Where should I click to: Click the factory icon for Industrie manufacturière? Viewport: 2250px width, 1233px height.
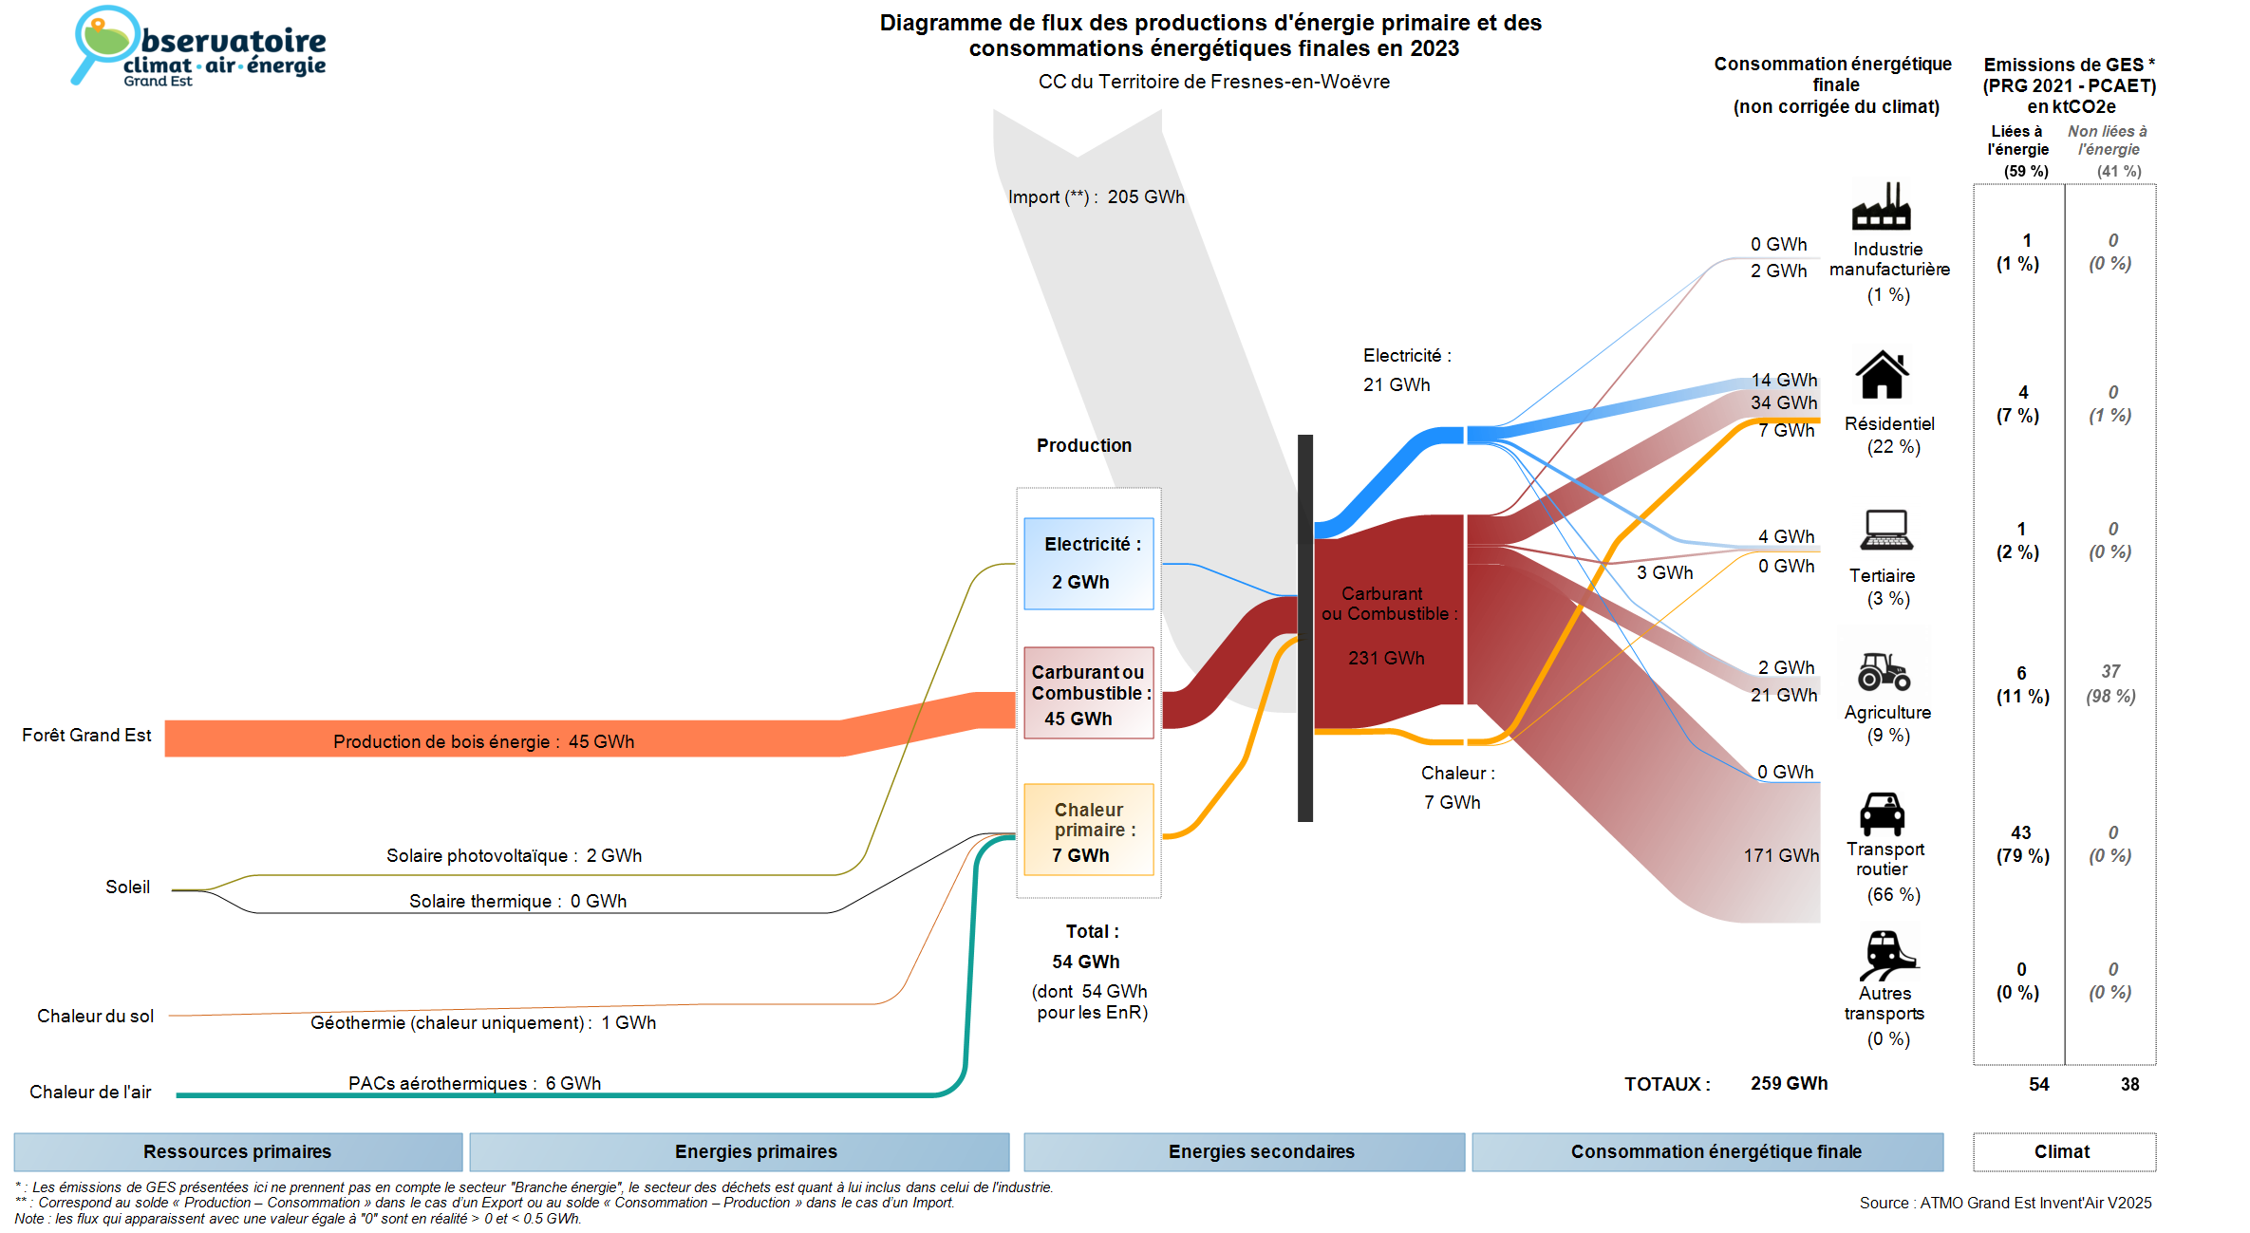coord(1881,206)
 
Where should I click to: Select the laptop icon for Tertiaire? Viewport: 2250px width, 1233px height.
coord(1885,530)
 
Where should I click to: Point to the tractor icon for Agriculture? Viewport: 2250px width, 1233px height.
coord(1884,671)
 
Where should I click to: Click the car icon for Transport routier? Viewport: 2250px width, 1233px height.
coord(1882,813)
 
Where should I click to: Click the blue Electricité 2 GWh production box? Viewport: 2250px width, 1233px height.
coord(1088,563)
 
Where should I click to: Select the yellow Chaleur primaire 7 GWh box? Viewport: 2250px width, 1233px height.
coord(1088,830)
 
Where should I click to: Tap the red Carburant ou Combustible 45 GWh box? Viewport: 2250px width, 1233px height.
coord(1088,693)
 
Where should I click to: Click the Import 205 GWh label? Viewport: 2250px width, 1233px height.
coord(1096,197)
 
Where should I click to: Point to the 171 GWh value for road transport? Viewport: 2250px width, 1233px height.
coord(1780,855)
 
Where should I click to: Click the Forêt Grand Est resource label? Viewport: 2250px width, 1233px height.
coord(86,736)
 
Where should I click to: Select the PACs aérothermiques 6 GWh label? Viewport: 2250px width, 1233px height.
coord(474,1083)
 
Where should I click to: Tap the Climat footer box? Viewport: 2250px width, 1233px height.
coord(2063,1151)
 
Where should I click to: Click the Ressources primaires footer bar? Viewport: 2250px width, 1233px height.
coord(237,1151)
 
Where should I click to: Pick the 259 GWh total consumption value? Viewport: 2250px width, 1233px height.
coord(1789,1084)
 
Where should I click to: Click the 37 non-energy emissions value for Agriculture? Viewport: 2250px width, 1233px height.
coord(2109,672)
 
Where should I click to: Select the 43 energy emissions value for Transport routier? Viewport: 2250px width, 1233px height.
coord(2020,832)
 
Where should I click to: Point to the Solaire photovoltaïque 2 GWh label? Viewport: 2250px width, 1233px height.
coord(514,856)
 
